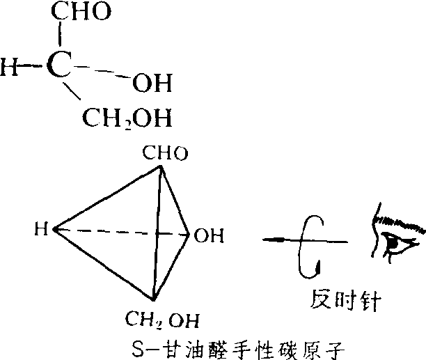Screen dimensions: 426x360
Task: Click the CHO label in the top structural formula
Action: pyautogui.click(x=81, y=11)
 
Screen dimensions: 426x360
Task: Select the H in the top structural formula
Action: pyautogui.click(x=9, y=67)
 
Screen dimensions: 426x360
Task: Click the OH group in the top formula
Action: pyautogui.click(x=152, y=83)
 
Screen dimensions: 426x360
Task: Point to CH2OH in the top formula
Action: pyautogui.click(x=127, y=118)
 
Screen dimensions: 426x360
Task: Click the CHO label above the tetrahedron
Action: pyautogui.click(x=165, y=153)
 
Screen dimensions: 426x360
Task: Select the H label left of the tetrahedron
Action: pyautogui.click(x=41, y=229)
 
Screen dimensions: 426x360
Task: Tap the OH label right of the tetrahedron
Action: pyautogui.click(x=209, y=235)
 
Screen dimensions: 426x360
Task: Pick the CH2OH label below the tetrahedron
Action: pyautogui.click(x=162, y=320)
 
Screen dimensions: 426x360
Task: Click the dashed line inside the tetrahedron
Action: pyautogui.click(x=121, y=232)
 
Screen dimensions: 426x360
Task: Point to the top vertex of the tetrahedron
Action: pyautogui.click(x=161, y=167)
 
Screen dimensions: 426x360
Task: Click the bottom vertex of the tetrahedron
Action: pyautogui.click(x=153, y=300)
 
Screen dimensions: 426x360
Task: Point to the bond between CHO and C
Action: pyautogui.click(x=59, y=33)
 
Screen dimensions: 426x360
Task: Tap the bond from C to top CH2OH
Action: pyautogui.click(x=72, y=91)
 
